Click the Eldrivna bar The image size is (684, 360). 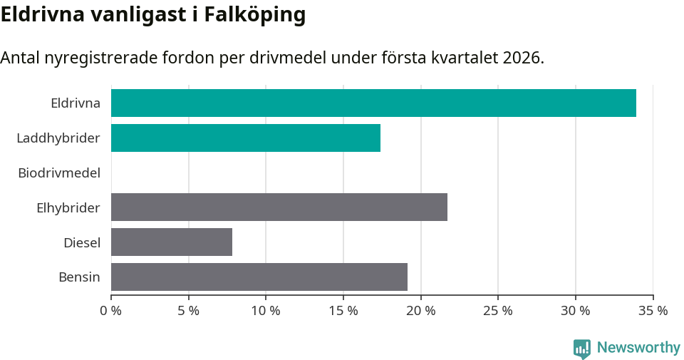point(373,103)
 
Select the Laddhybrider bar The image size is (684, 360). point(246,138)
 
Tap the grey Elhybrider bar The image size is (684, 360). point(279,207)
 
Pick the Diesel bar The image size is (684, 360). point(172,242)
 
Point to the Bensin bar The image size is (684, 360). point(259,277)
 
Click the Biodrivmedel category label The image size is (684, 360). point(59,173)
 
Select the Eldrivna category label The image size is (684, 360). point(76,103)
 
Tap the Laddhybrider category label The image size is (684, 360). point(58,138)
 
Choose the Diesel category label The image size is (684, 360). point(82,242)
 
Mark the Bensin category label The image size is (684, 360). point(79,277)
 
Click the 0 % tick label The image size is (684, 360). point(111,311)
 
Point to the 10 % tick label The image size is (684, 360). point(265,311)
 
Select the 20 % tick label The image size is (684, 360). point(420,311)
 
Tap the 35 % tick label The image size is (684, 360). point(653,311)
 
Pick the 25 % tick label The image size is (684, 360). point(498,311)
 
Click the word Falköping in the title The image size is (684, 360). point(255,14)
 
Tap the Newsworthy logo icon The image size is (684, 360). point(581,349)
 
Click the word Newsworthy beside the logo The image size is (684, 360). point(638,348)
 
